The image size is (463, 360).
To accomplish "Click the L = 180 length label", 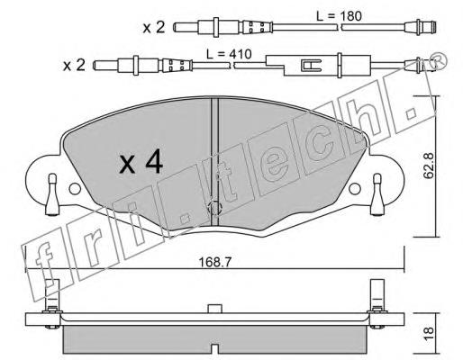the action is pos(339,16).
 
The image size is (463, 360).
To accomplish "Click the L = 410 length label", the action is pos(229,54).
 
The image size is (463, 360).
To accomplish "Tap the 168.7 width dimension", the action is pos(215,263).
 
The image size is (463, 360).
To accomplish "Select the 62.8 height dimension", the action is pos(429,166).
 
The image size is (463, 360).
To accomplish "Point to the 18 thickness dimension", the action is pos(429,333).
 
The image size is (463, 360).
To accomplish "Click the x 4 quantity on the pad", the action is pos(141,163).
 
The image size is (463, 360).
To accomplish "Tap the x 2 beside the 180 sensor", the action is pos(154,28).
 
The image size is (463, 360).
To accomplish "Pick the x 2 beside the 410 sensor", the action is pos(74,66).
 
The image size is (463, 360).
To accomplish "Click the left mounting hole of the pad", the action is pos(75,189).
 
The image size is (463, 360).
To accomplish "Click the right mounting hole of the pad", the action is pos(355,189).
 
